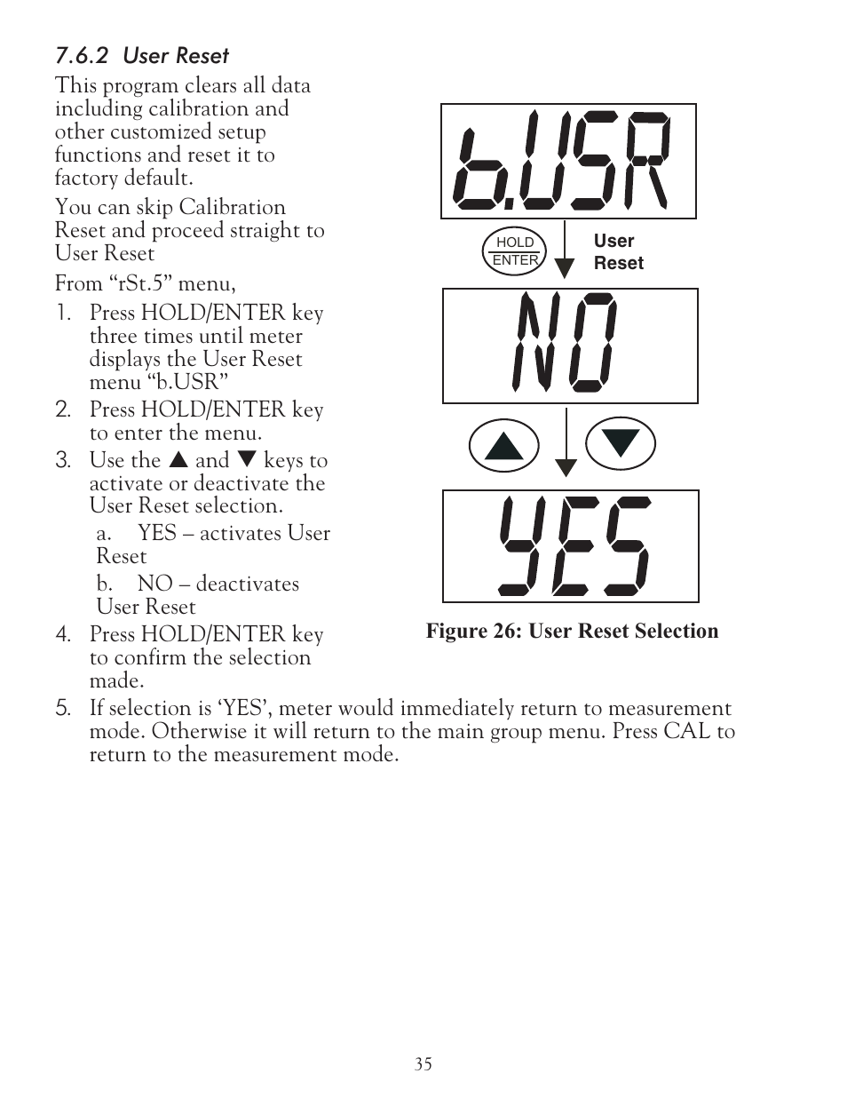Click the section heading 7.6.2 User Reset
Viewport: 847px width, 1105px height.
(142, 56)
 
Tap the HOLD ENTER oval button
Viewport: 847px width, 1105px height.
(515, 251)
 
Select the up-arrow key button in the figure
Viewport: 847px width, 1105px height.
(503, 444)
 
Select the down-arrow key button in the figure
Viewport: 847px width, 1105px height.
(621, 442)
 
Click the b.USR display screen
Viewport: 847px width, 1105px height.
(568, 161)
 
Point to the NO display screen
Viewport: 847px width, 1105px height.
(570, 346)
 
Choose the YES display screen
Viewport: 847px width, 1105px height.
(570, 545)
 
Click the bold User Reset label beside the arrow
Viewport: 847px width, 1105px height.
(618, 252)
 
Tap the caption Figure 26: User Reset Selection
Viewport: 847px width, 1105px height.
(572, 631)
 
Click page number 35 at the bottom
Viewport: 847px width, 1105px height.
(423, 1064)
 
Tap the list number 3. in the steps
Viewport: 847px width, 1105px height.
(62, 460)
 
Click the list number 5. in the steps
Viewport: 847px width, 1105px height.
(62, 708)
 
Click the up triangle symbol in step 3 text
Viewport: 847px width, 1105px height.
(178, 460)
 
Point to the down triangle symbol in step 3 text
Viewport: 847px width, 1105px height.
(247, 460)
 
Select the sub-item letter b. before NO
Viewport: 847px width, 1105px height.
(104, 584)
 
